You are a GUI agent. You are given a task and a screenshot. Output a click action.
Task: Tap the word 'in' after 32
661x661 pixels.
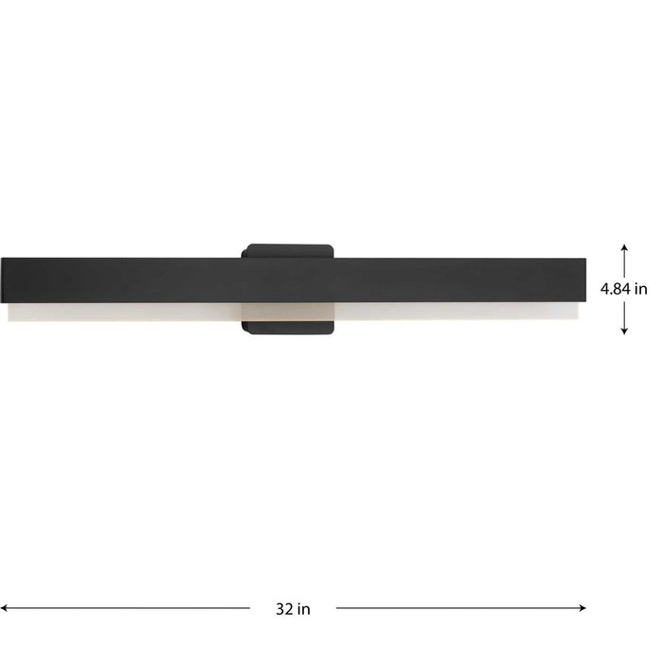click(304, 609)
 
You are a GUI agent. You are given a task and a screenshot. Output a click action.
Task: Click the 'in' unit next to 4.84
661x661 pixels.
click(640, 290)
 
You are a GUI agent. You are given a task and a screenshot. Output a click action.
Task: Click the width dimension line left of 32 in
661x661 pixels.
click(132, 608)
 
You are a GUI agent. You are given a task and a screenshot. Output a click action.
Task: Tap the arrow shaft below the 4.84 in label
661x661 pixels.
click(624, 317)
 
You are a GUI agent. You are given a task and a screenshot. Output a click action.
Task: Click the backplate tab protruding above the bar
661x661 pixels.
click(288, 250)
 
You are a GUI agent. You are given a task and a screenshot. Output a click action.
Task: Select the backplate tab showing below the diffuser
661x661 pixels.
click(288, 327)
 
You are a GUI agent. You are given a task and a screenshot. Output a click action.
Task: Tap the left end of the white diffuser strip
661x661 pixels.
click(9, 312)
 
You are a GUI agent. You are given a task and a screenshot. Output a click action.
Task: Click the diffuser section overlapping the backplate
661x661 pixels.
click(288, 312)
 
